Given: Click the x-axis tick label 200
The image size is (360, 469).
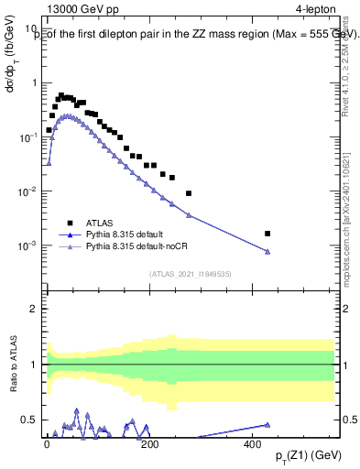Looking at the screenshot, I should pos(149,443).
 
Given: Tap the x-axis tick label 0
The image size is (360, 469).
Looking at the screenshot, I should pos(47,443).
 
